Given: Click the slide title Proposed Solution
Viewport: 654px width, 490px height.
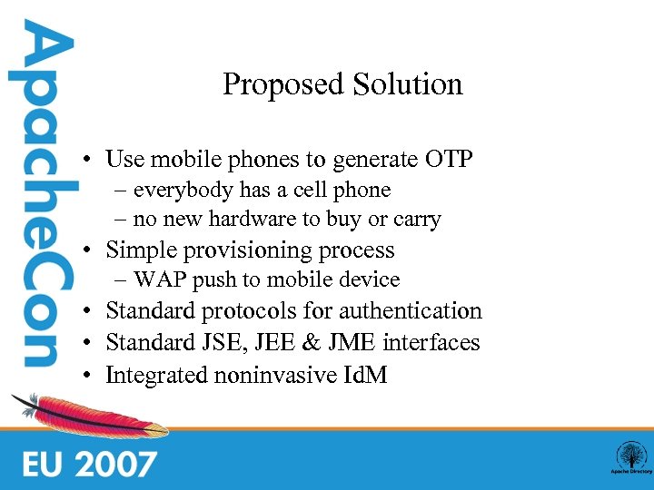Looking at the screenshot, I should tap(342, 84).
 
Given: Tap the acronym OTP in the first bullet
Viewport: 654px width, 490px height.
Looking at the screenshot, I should tap(449, 161).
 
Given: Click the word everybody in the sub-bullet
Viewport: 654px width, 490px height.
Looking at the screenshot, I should tap(184, 191).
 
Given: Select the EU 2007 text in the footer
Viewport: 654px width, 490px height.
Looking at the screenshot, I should tap(91, 463).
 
